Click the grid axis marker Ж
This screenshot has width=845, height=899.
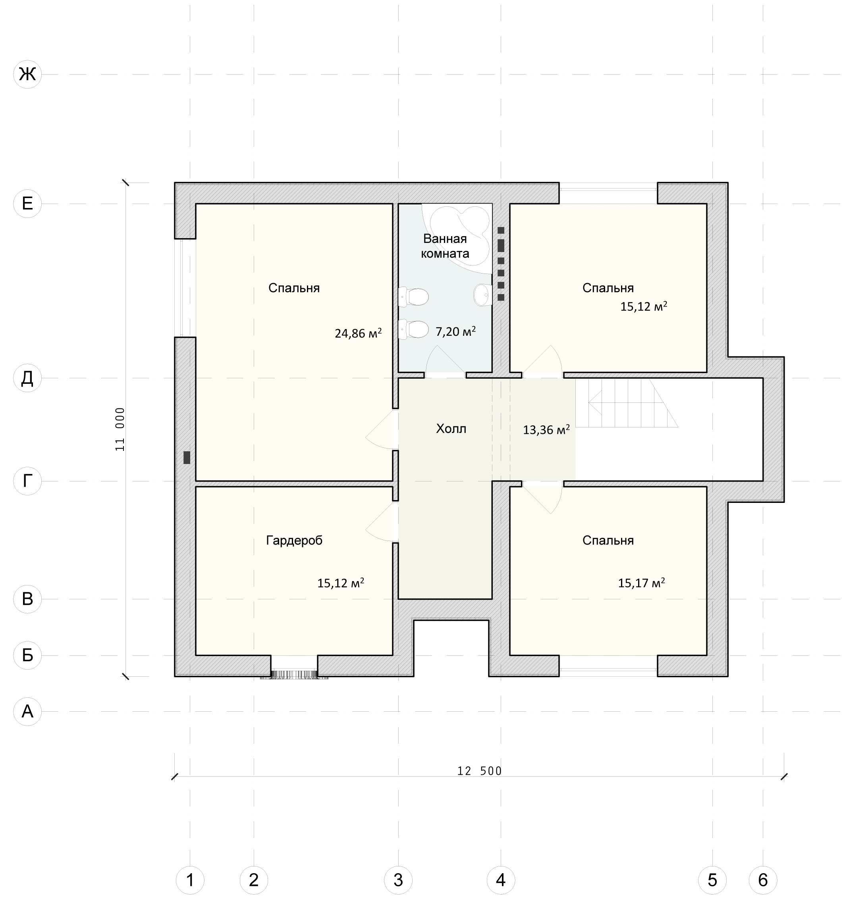[27, 74]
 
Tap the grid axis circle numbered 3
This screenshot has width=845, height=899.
[398, 880]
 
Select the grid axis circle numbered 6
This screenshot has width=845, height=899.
[763, 880]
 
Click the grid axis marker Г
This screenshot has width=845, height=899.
[27, 481]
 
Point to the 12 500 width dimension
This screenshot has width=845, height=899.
[480, 770]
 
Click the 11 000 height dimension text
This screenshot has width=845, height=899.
[120, 429]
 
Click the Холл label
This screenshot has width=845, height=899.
[451, 429]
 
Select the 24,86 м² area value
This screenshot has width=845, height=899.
[358, 333]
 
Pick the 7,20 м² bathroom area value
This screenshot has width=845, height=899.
[455, 331]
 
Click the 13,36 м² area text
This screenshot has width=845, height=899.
[546, 429]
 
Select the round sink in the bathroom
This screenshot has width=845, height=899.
[483, 295]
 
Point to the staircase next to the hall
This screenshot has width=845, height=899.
[627, 402]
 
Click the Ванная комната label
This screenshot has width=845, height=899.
[445, 246]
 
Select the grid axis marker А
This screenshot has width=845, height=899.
[27, 711]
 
